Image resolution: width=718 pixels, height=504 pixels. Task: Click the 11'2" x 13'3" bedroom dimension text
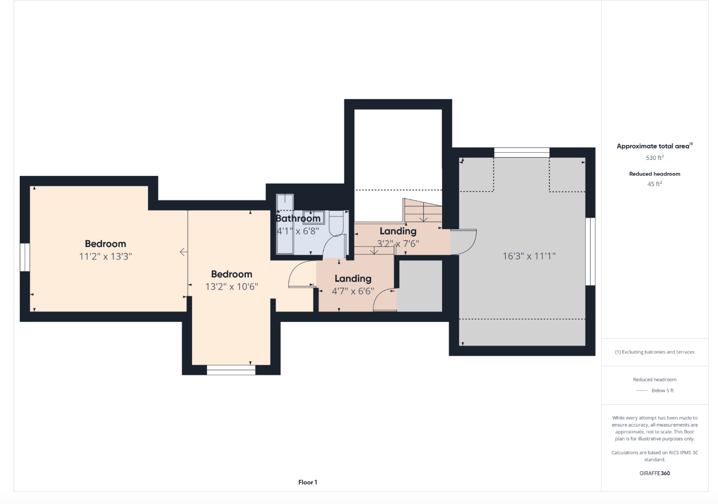tap(105, 256)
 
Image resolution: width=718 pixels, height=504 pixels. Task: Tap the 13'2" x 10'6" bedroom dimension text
tap(231, 287)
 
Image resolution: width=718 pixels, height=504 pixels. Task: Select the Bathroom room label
tap(298, 219)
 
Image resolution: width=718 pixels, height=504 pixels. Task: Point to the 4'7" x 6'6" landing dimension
tap(353, 291)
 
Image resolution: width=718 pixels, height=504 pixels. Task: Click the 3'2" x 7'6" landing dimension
tap(398, 243)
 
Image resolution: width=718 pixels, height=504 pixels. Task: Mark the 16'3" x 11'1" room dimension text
tap(529, 256)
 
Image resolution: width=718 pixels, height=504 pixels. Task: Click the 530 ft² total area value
tap(654, 158)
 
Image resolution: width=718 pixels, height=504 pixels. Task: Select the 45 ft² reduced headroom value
tap(654, 184)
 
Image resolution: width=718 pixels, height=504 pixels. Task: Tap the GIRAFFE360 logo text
tap(654, 473)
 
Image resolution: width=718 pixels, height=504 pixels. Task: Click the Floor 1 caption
tap(308, 482)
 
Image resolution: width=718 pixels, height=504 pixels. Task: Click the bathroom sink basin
tap(314, 217)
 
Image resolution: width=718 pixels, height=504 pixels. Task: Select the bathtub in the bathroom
tap(285, 224)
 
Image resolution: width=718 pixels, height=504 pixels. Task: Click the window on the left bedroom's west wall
tap(25, 257)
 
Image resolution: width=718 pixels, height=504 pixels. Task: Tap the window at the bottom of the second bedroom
tap(231, 370)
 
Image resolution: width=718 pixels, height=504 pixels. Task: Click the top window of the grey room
tap(521, 152)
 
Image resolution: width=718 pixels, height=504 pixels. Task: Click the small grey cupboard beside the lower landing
tap(420, 285)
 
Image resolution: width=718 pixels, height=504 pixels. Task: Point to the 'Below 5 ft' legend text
tap(662, 391)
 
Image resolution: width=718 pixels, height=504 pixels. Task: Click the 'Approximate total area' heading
tap(653, 146)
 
